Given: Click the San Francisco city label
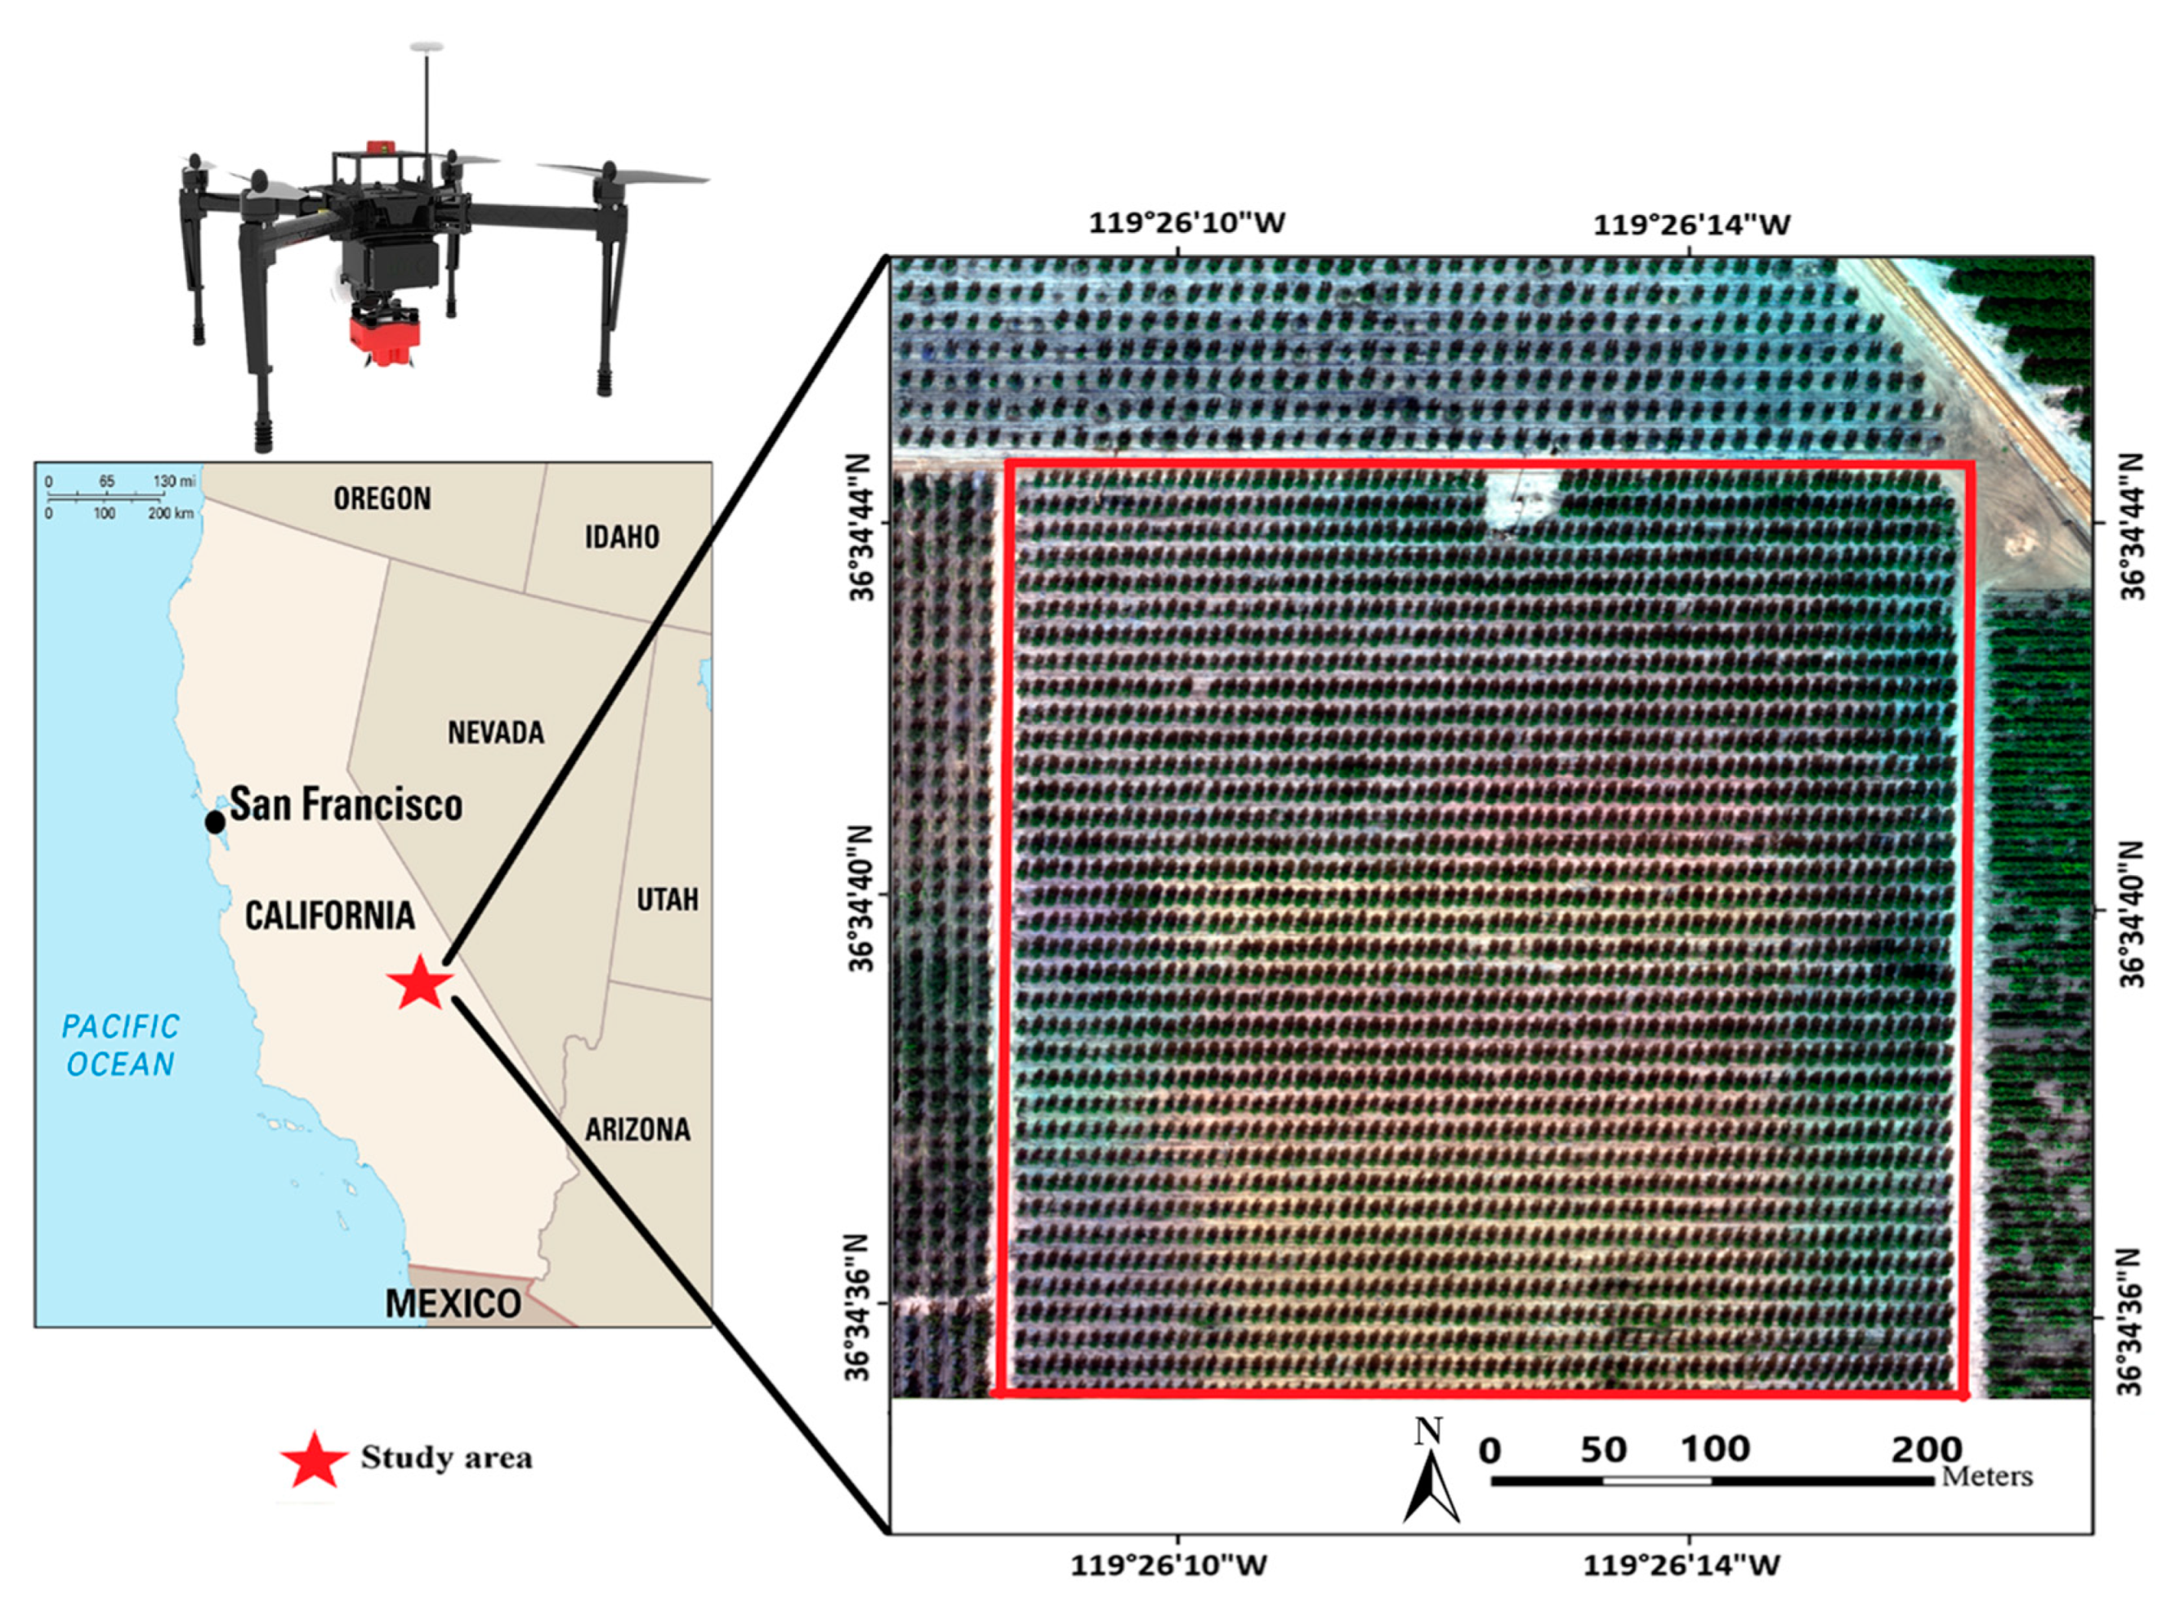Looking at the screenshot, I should pos(346,806).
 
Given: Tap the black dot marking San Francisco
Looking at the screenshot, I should pos(214,822).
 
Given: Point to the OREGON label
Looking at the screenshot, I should pos(382,498).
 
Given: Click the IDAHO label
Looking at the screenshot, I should pos(621,537).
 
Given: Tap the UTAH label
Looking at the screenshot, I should pos(667,900).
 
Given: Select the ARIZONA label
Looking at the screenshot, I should pos(637,1129).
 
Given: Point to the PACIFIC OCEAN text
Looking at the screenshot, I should pos(120,1045).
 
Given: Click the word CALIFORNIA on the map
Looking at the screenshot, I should pos(329,915).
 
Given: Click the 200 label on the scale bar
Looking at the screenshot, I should pos(1926,1449).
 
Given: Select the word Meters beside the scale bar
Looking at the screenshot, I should pos(1986,1477).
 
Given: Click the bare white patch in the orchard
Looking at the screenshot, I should pos(1521,497).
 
